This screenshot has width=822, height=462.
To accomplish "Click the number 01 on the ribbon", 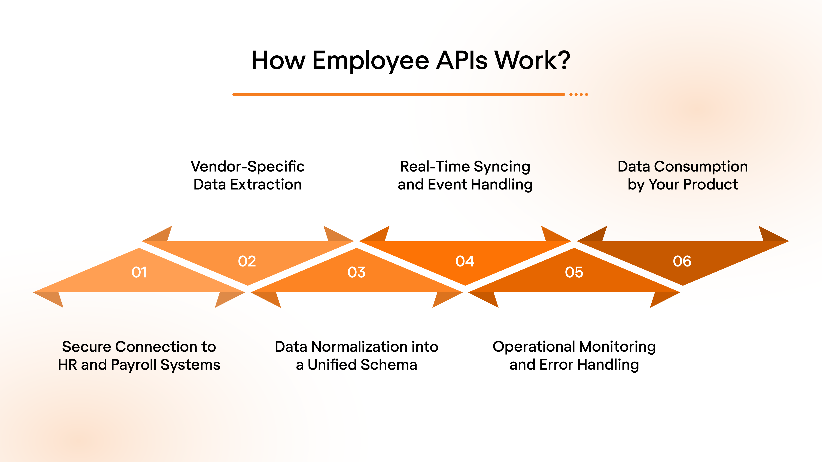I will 139,272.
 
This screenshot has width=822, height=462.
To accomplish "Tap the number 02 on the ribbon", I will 247,261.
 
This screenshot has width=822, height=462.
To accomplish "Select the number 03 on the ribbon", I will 356,272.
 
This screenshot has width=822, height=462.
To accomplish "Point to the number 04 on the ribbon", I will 465,261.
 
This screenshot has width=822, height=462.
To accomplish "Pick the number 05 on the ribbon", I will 574,272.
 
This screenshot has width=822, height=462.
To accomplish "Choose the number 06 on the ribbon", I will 682,261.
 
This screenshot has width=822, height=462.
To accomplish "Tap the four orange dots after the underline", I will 579,94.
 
